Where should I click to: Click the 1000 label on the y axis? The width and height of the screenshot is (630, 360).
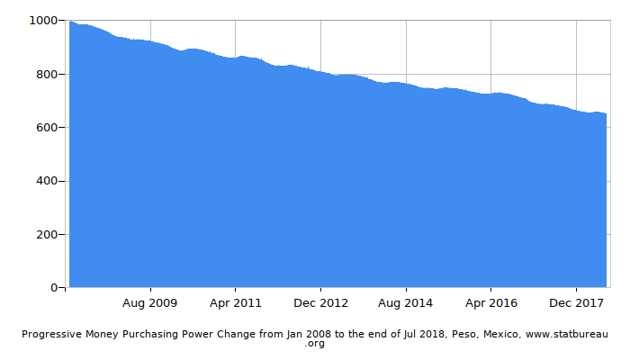coord(44,20)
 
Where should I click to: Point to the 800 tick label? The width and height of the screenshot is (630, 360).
coord(47,74)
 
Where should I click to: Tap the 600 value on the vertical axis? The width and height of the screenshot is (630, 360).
coord(47,127)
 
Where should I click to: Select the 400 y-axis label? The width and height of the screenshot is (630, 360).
coord(47,181)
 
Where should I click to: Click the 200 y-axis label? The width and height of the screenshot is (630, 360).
coord(47,234)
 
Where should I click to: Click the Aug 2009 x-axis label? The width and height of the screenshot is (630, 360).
coord(149,302)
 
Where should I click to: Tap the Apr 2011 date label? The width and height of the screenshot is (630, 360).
coord(235,302)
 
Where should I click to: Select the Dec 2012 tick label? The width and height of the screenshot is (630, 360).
coord(320,302)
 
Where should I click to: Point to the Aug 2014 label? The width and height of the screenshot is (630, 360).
coord(405,302)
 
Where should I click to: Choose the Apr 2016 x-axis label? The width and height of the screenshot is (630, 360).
coord(490,302)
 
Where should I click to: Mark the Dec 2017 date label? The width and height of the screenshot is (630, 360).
coord(576,302)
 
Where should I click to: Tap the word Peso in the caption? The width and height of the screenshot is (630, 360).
coord(460,334)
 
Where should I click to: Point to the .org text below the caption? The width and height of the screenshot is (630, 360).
coord(315,344)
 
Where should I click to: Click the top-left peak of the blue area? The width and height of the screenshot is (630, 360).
coord(70,22)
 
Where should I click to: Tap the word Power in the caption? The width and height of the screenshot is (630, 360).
coord(211,334)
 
